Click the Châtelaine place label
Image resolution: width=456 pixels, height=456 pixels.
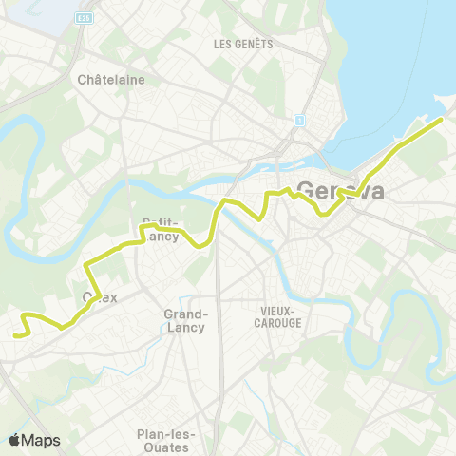tap(112, 80)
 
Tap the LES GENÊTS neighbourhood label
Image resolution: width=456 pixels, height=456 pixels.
tap(243, 44)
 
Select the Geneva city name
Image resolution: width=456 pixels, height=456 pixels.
tap(341, 190)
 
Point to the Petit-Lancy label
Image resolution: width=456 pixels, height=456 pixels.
tap(161, 230)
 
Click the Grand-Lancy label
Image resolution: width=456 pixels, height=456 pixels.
tap(186, 320)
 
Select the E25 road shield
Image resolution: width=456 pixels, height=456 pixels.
tap(84, 17)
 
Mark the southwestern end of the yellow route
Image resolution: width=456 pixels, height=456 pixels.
tap(16, 334)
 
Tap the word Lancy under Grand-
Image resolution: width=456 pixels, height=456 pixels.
tap(186, 327)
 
